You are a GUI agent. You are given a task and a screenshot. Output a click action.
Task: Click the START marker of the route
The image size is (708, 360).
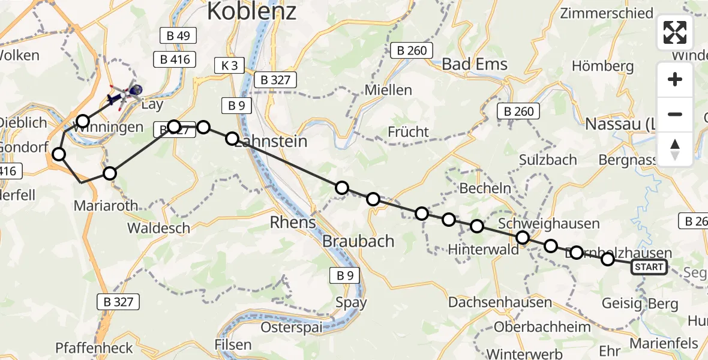click(649, 267)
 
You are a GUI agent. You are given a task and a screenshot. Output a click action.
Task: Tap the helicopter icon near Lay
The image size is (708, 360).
click(124, 93)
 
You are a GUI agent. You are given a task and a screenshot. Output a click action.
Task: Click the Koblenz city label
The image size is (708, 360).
click(251, 11)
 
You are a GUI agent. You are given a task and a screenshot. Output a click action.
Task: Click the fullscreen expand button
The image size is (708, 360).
click(675, 32)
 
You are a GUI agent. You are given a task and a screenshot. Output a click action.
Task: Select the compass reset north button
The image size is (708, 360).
click(675, 149)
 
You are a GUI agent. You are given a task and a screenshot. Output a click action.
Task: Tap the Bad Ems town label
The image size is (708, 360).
click(475, 64)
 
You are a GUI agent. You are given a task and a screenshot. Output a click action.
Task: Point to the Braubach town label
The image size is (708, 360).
click(358, 241)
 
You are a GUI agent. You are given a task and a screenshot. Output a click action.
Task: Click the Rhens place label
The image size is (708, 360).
click(293, 222)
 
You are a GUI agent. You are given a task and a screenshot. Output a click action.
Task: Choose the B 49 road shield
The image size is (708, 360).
click(178, 36)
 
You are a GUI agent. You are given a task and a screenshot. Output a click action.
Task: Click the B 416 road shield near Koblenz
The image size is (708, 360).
click(175, 59)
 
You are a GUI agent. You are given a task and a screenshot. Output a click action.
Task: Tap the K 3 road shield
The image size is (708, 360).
click(229, 65)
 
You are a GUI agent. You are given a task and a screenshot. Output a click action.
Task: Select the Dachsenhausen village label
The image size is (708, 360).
click(491, 302)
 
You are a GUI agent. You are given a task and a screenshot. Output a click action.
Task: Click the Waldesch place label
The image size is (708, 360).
click(158, 229)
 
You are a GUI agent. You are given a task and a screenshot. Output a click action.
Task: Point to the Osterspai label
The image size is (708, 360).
click(292, 328)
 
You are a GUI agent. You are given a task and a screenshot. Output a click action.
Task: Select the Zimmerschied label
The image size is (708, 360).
click(606, 13)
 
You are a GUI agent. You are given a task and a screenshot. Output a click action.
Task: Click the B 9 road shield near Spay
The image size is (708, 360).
click(344, 275)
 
